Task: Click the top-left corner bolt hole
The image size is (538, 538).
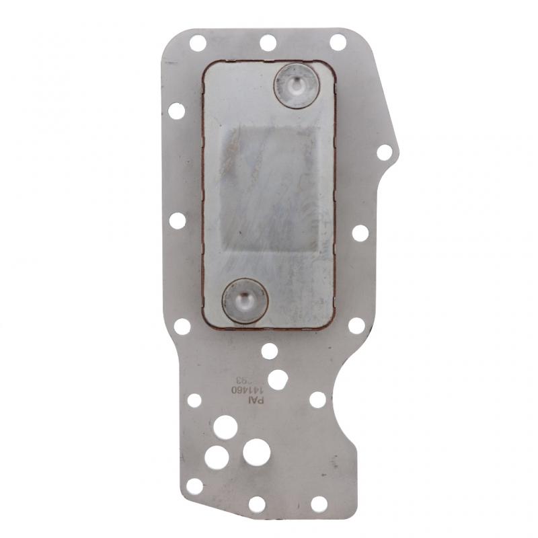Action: pyautogui.click(x=198, y=43)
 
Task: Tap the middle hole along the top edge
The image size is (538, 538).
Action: pyautogui.click(x=268, y=42)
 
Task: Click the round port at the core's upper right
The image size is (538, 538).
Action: pyautogui.click(x=297, y=85)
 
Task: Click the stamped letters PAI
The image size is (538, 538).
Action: pyautogui.click(x=256, y=399)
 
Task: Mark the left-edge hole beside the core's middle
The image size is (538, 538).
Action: pyautogui.click(x=178, y=220)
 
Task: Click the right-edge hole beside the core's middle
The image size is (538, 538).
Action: pyautogui.click(x=360, y=233)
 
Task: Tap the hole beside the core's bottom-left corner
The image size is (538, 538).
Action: pyautogui.click(x=182, y=327)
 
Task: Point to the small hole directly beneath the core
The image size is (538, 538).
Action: pyautogui.click(x=269, y=350)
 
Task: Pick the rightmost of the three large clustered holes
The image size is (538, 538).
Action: pyautogui.click(x=257, y=453)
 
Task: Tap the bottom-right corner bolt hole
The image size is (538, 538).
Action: pyautogui.click(x=319, y=504)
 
